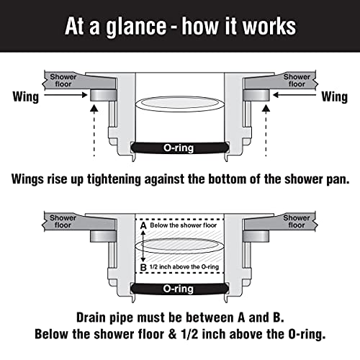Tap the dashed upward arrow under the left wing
(92, 130)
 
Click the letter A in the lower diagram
(143, 225)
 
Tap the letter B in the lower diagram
(143, 269)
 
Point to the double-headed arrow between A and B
(143, 246)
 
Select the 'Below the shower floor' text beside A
(180, 225)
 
